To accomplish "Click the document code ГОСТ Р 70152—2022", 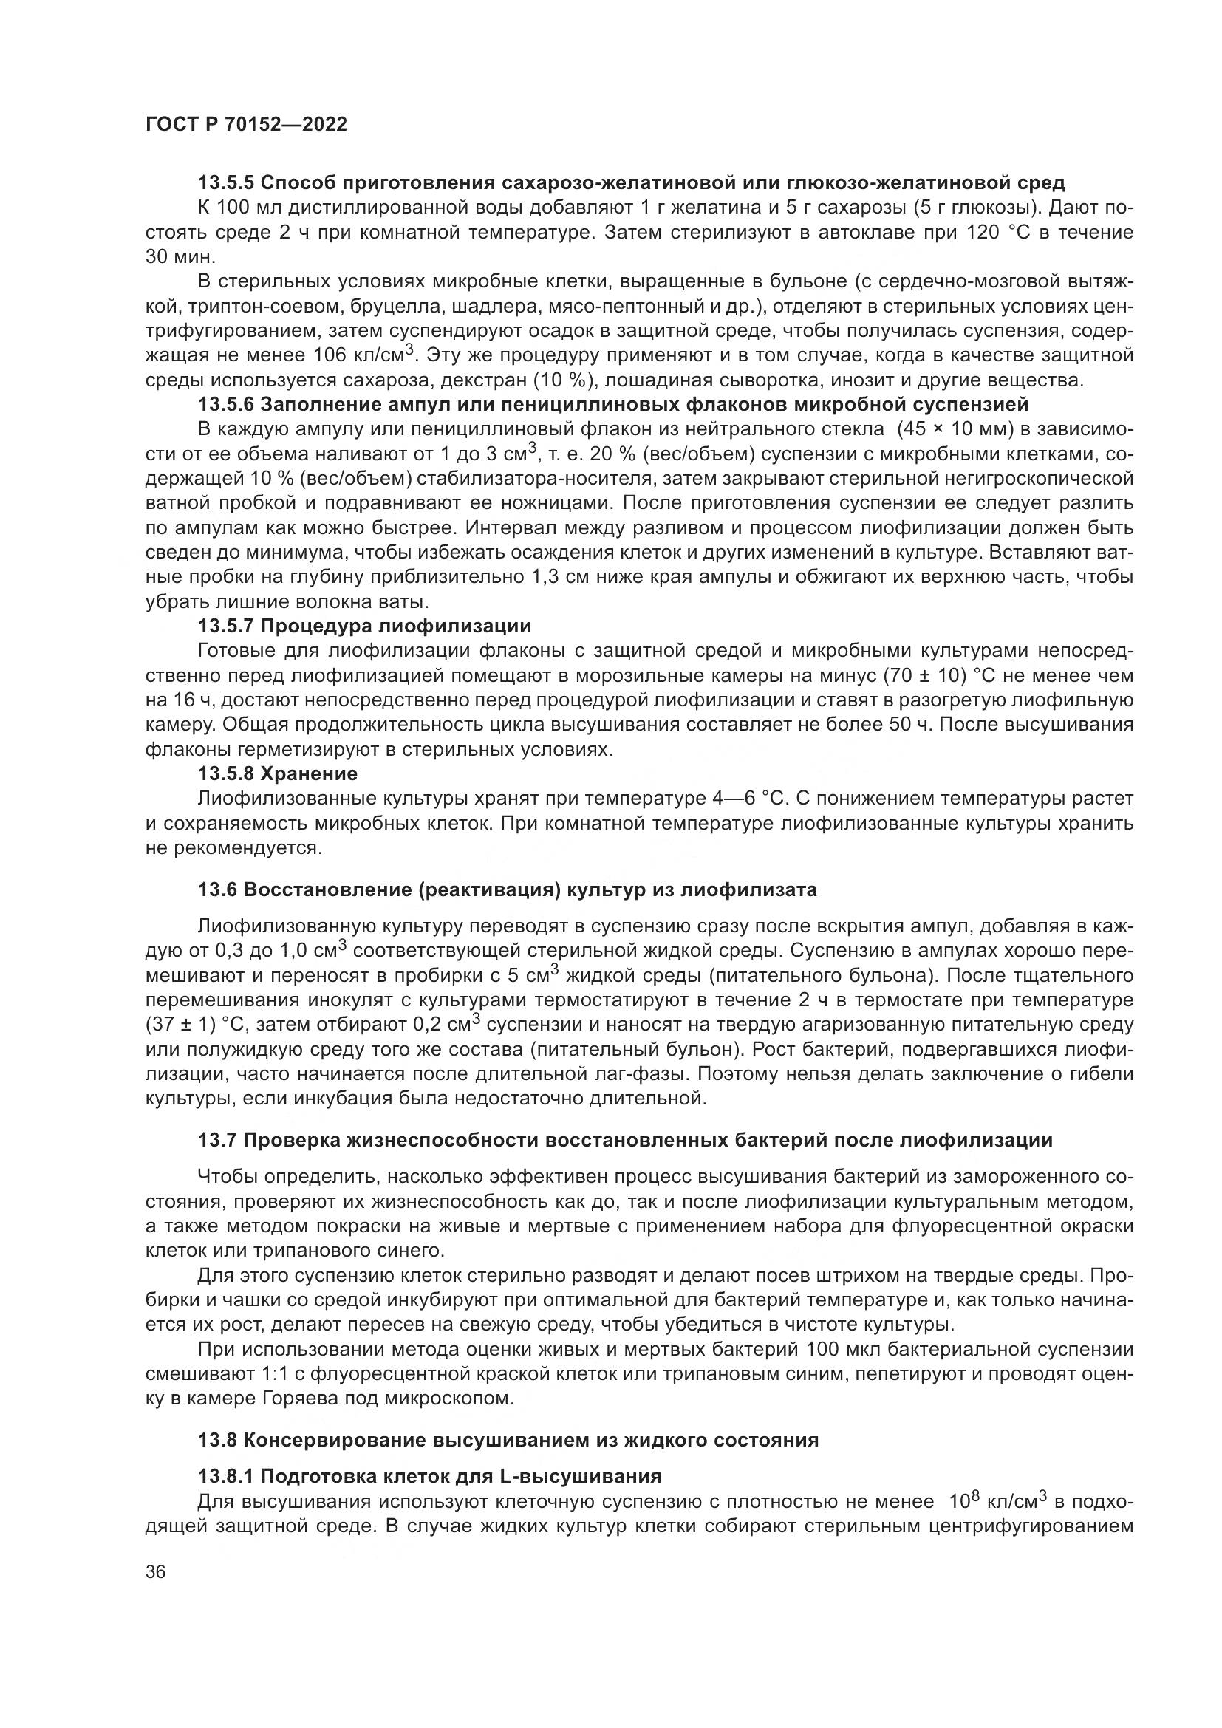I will pos(246,125).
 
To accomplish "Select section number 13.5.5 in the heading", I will pos(227,182).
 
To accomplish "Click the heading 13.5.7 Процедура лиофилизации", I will pos(364,626).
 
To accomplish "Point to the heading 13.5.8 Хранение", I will pos(277,773).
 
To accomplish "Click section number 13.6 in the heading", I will pos(216,889).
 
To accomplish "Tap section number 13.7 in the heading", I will pos(216,1140).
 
